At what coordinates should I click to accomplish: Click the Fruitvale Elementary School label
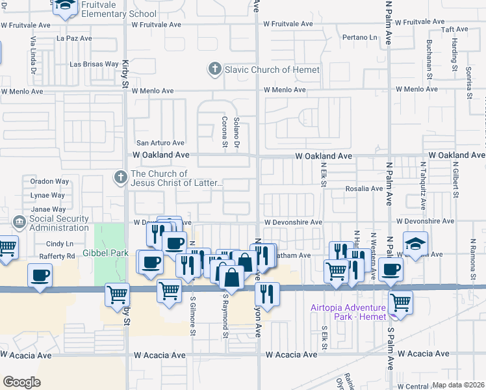pyautogui.click(x=120, y=9)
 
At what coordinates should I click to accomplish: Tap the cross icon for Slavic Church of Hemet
pyautogui.click(x=214, y=69)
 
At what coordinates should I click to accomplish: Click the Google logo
pyautogui.click(x=21, y=382)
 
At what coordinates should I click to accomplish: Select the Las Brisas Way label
pyautogui.click(x=94, y=64)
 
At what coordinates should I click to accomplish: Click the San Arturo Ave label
pyautogui.click(x=160, y=143)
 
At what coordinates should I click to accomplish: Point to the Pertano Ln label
pyautogui.click(x=359, y=38)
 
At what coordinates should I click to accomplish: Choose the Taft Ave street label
pyautogui.click(x=455, y=30)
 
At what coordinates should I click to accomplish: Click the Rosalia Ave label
pyautogui.click(x=368, y=188)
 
